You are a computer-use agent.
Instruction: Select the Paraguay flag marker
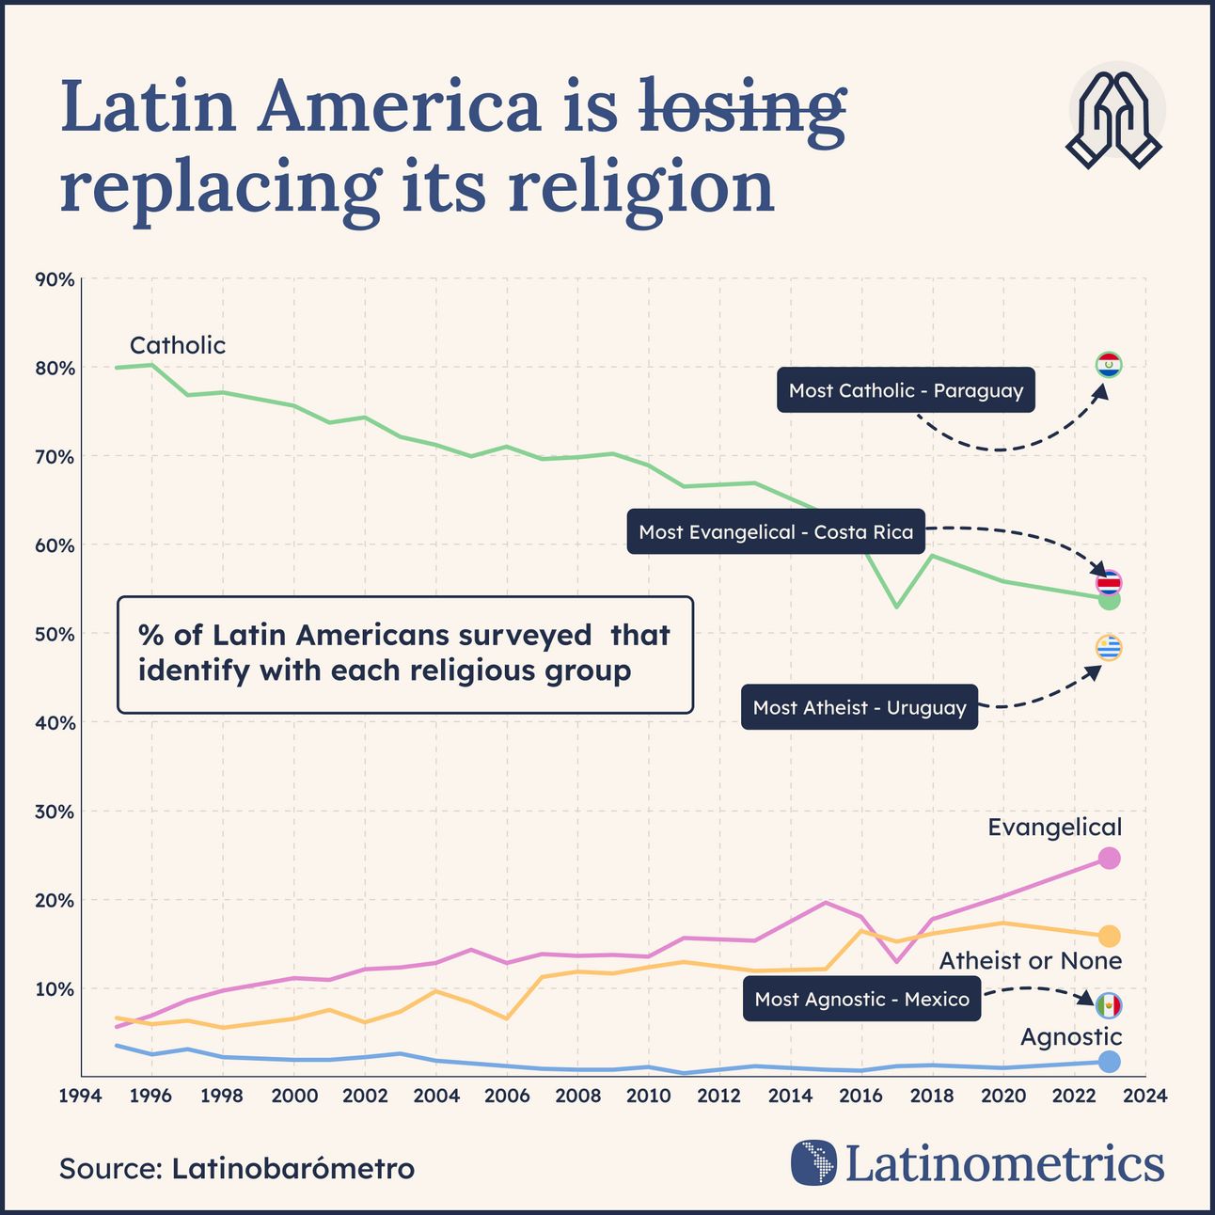pyautogui.click(x=1109, y=364)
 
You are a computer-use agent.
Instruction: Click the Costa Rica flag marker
pyautogui.click(x=1109, y=583)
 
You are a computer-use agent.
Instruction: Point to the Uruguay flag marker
pyautogui.click(x=1109, y=648)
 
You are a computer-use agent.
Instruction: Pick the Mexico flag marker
pyautogui.click(x=1109, y=1005)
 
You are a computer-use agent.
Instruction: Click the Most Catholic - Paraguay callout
pyautogui.click(x=906, y=390)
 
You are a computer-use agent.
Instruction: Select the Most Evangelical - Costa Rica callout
pyautogui.click(x=776, y=532)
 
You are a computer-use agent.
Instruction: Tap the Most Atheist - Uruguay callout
pyautogui.click(x=860, y=708)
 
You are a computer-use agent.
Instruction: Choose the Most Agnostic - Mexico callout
pyautogui.click(x=861, y=999)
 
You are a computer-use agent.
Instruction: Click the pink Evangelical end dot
pyautogui.click(x=1109, y=858)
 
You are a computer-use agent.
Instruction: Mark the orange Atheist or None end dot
pyautogui.click(x=1109, y=936)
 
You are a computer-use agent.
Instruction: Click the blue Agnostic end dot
pyautogui.click(x=1109, y=1062)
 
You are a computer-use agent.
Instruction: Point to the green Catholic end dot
pyautogui.click(x=1110, y=600)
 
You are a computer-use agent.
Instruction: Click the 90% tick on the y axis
pyautogui.click(x=55, y=279)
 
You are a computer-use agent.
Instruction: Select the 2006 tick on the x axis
pyautogui.click(x=506, y=1096)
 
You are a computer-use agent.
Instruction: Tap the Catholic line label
pyautogui.click(x=178, y=345)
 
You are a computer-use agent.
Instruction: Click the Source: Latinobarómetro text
pyautogui.click(x=237, y=1168)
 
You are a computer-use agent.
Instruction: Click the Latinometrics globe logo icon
pyautogui.click(x=813, y=1162)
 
